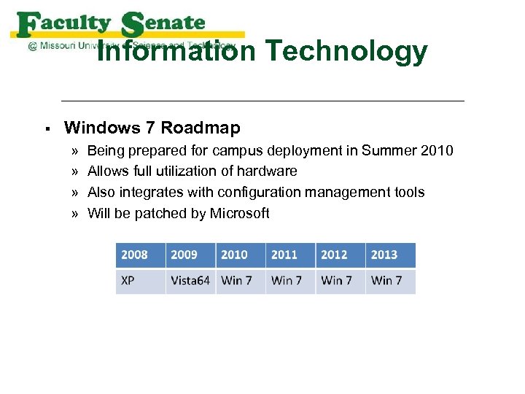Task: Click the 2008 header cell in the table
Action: [x=140, y=255]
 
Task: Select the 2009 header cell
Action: [x=190, y=255]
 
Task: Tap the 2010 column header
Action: [x=241, y=255]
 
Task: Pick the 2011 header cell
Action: [x=290, y=255]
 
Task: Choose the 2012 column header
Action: [x=341, y=255]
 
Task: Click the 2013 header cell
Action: [x=390, y=255]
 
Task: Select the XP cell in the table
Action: [x=140, y=281]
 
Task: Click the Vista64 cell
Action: [x=190, y=281]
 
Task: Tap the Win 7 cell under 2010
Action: [x=241, y=281]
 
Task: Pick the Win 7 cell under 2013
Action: [x=390, y=281]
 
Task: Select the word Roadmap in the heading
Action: [x=201, y=128]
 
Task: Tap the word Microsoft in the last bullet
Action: [x=239, y=214]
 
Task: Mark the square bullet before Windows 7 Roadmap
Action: [x=46, y=129]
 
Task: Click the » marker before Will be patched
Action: [x=76, y=214]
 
